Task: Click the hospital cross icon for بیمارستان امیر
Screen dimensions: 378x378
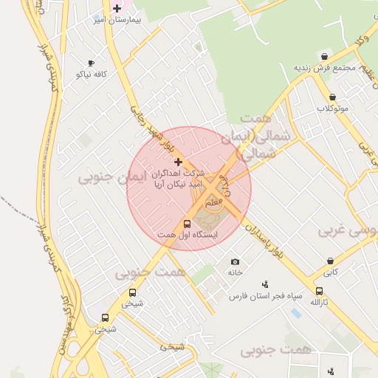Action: tap(117, 8)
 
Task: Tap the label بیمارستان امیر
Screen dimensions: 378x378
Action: tap(117, 20)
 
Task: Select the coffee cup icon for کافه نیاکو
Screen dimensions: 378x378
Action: tap(91, 63)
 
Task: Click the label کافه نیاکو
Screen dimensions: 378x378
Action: tap(92, 75)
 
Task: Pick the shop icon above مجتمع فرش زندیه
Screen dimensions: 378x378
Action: tap(324, 56)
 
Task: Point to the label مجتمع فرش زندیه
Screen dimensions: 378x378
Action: tap(325, 67)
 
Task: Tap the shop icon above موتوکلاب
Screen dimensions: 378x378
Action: tap(332, 97)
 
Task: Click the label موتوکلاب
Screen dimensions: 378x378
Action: tap(333, 109)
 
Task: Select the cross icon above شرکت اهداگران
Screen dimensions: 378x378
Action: tap(177, 161)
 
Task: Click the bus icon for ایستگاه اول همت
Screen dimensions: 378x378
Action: tap(186, 224)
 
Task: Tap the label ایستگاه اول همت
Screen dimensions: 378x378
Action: tap(187, 236)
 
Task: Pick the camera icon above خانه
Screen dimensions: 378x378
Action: tap(235, 261)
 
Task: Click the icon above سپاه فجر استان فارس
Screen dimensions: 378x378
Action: tap(265, 284)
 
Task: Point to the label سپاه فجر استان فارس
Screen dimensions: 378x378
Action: tap(266, 296)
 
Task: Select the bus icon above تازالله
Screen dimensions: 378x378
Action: tap(319, 291)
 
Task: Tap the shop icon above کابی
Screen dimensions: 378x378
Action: tap(329, 261)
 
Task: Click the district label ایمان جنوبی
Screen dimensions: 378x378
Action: tap(103, 176)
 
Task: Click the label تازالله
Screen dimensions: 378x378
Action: tap(319, 303)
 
